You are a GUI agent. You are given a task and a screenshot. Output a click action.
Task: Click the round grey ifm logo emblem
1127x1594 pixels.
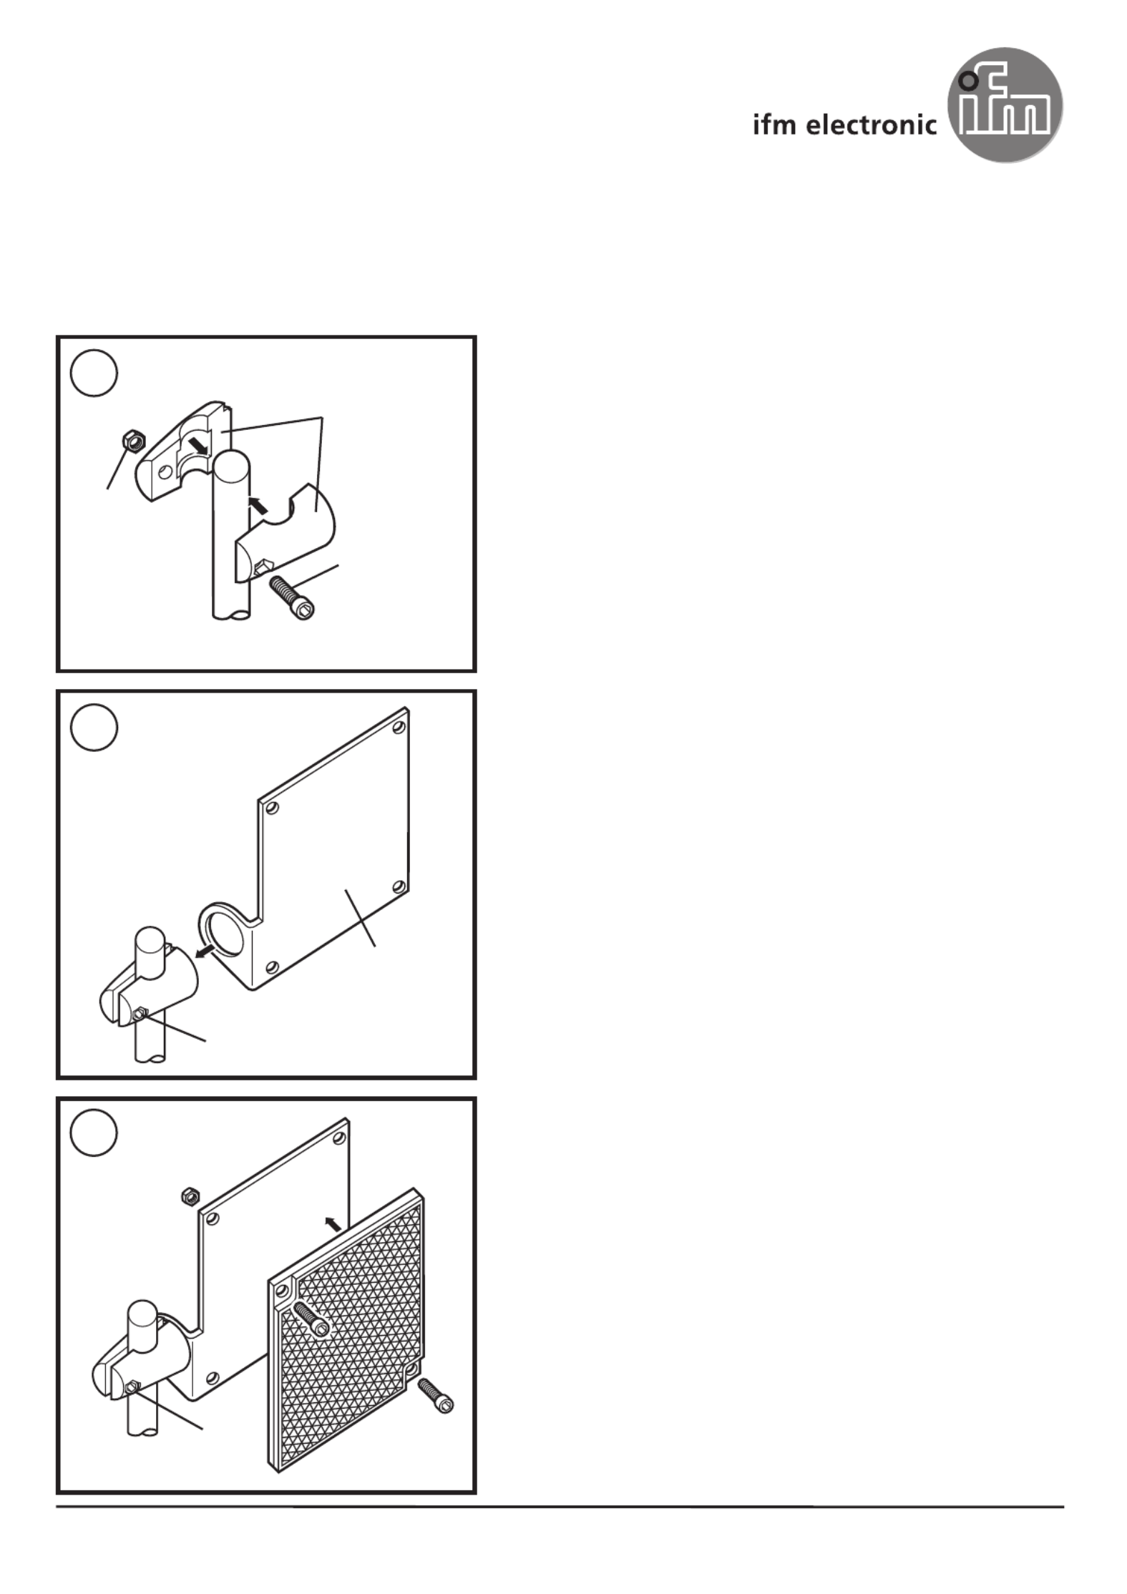tap(1005, 106)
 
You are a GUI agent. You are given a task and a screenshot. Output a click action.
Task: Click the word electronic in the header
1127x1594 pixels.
tap(872, 125)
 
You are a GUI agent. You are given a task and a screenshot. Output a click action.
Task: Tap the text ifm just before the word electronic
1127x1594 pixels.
tap(775, 125)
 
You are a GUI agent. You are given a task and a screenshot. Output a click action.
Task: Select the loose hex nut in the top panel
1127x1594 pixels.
tap(132, 441)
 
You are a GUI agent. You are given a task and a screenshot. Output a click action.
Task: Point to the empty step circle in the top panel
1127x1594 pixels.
tap(94, 373)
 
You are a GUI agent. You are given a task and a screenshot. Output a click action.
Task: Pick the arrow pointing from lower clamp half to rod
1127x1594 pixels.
tap(258, 504)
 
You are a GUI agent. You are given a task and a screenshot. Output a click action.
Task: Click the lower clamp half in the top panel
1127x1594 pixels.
tap(286, 533)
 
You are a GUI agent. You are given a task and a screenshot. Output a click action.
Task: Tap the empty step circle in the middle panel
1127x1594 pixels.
tap(94, 728)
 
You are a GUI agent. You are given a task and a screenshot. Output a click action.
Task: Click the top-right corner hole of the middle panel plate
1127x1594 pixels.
tap(399, 728)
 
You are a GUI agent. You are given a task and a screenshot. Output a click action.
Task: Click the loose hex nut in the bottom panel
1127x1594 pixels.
tap(190, 1195)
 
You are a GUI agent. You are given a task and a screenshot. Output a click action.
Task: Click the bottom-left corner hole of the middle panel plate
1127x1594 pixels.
tap(271, 969)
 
